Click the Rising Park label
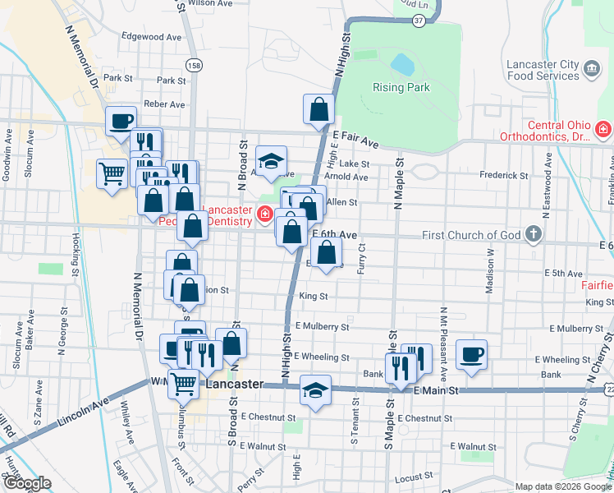click(401, 87)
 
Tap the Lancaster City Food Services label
click(543, 70)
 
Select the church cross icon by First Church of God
click(533, 235)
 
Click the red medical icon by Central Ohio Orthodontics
click(603, 129)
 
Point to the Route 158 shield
click(194, 65)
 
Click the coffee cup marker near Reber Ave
click(121, 121)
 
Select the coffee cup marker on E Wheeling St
click(471, 354)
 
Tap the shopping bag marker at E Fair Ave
click(318, 108)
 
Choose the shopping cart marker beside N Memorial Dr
click(112, 173)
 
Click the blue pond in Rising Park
click(401, 63)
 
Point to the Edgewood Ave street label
click(151, 37)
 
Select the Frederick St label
click(504, 175)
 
